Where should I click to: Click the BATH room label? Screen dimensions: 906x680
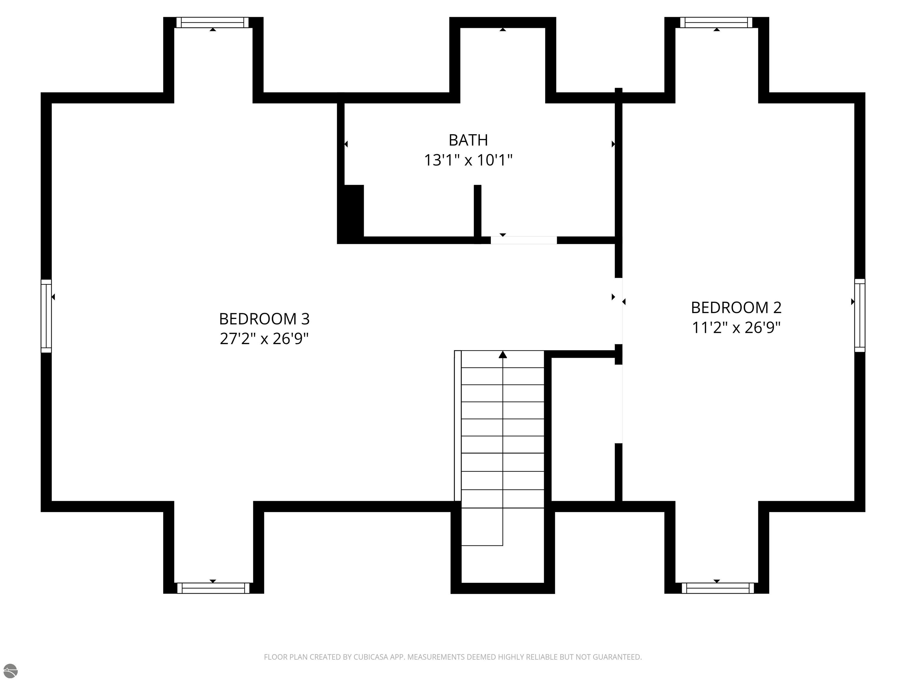(x=468, y=140)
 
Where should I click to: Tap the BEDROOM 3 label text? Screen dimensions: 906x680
(x=264, y=319)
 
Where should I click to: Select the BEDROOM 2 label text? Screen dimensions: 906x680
(x=736, y=308)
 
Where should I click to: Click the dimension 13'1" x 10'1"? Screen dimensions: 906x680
(x=468, y=160)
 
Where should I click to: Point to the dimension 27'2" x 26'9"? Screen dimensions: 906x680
(x=264, y=339)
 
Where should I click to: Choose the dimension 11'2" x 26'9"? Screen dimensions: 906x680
(x=736, y=328)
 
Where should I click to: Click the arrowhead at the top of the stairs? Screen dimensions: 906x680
(x=503, y=354)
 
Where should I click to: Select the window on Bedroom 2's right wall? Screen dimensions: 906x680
(x=860, y=315)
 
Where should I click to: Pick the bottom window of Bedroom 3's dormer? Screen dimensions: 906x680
(x=213, y=588)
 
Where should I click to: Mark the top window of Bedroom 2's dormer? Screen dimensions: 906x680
(x=716, y=22)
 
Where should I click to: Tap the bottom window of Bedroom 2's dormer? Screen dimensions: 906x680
(x=718, y=588)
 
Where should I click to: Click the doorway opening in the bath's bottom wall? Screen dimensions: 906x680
(x=524, y=240)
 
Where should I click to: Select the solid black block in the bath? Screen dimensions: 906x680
(x=351, y=214)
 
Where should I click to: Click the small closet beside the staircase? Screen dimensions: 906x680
(x=583, y=429)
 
